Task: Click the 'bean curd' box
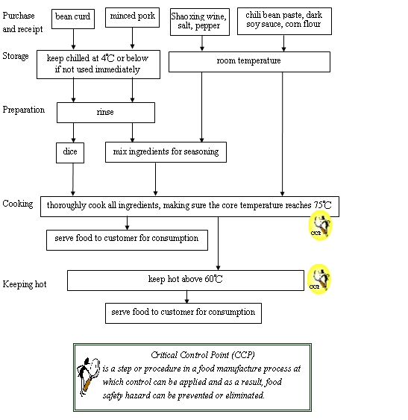[73, 16]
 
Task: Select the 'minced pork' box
[132, 16]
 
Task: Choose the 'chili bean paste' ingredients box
[284, 21]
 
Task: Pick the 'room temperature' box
[248, 61]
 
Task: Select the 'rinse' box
[105, 113]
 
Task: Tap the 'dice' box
[71, 152]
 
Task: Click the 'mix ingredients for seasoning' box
[165, 152]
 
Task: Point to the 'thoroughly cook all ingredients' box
[189, 205]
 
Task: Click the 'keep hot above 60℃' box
[185, 280]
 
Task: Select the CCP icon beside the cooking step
[319, 226]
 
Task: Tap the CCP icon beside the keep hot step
[318, 278]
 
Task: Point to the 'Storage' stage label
[16, 57]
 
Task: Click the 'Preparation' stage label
[23, 110]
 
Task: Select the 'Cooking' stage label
[17, 204]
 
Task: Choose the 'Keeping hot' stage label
[25, 284]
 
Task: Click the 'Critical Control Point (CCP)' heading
[192, 356]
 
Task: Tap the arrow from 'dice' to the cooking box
[73, 179]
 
